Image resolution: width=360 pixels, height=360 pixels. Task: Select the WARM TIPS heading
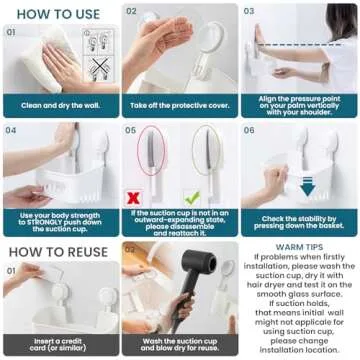pos(301,245)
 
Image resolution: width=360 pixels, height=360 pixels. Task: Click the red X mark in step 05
pos(133,198)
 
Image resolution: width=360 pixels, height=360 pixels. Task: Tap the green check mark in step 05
pos(192,198)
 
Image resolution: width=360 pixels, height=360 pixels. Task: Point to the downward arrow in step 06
pos(307,187)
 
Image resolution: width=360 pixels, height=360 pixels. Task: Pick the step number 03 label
pos(250,11)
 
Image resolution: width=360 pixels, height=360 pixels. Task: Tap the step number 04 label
pos(11,130)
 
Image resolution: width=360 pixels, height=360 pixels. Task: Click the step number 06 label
pos(250,130)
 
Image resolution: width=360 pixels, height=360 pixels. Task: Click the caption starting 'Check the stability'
pos(300,222)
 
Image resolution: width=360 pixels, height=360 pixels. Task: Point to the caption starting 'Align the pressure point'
pos(300,103)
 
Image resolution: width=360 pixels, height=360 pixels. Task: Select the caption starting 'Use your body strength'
pos(60,222)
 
